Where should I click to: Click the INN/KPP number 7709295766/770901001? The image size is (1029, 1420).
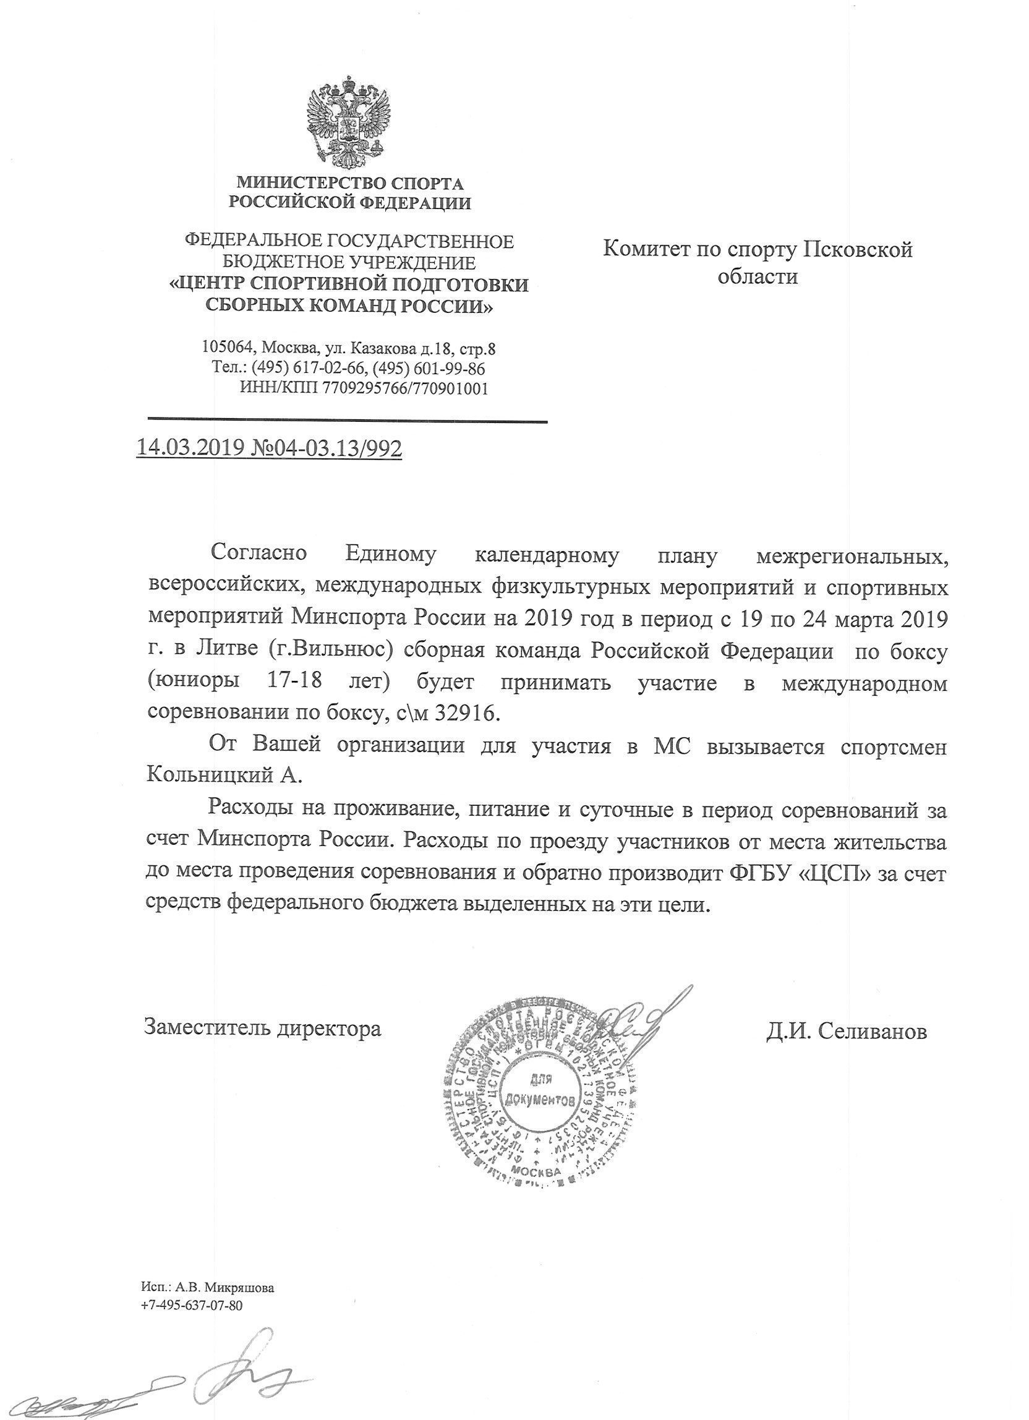click(x=405, y=388)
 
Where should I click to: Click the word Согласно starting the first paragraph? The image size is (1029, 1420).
click(x=259, y=554)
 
